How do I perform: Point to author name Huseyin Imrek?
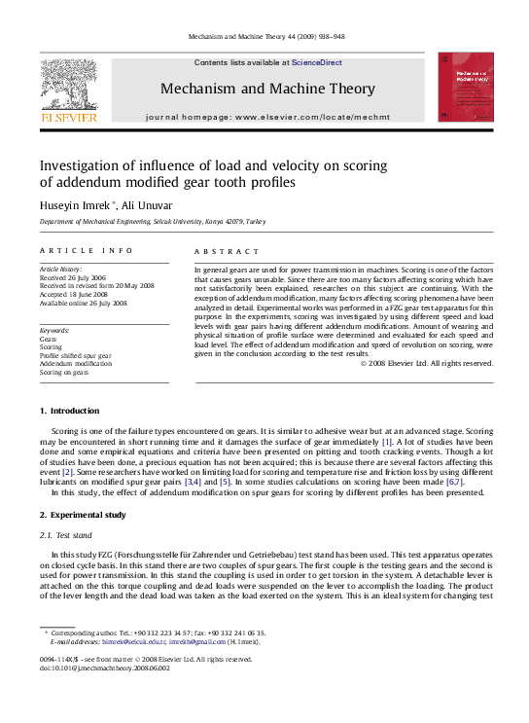(x=77, y=204)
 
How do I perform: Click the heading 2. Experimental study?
(x=88, y=515)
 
